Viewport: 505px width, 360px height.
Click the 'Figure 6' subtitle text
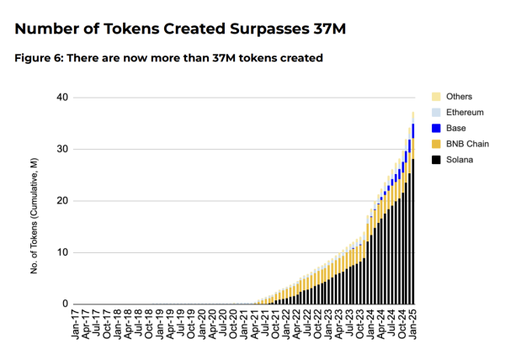click(169, 58)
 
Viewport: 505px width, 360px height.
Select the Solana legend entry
click(459, 160)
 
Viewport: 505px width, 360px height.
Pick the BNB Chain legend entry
click(464, 144)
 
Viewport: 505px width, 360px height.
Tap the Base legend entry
click(455, 128)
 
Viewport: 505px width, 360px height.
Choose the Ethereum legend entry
click(462, 112)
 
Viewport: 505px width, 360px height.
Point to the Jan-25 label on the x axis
click(413, 324)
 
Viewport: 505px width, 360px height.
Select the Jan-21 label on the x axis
click(243, 324)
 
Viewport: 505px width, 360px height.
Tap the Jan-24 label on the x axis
click(370, 324)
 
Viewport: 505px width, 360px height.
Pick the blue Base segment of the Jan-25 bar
click(413, 130)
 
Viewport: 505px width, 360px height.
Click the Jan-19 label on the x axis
click(158, 324)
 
